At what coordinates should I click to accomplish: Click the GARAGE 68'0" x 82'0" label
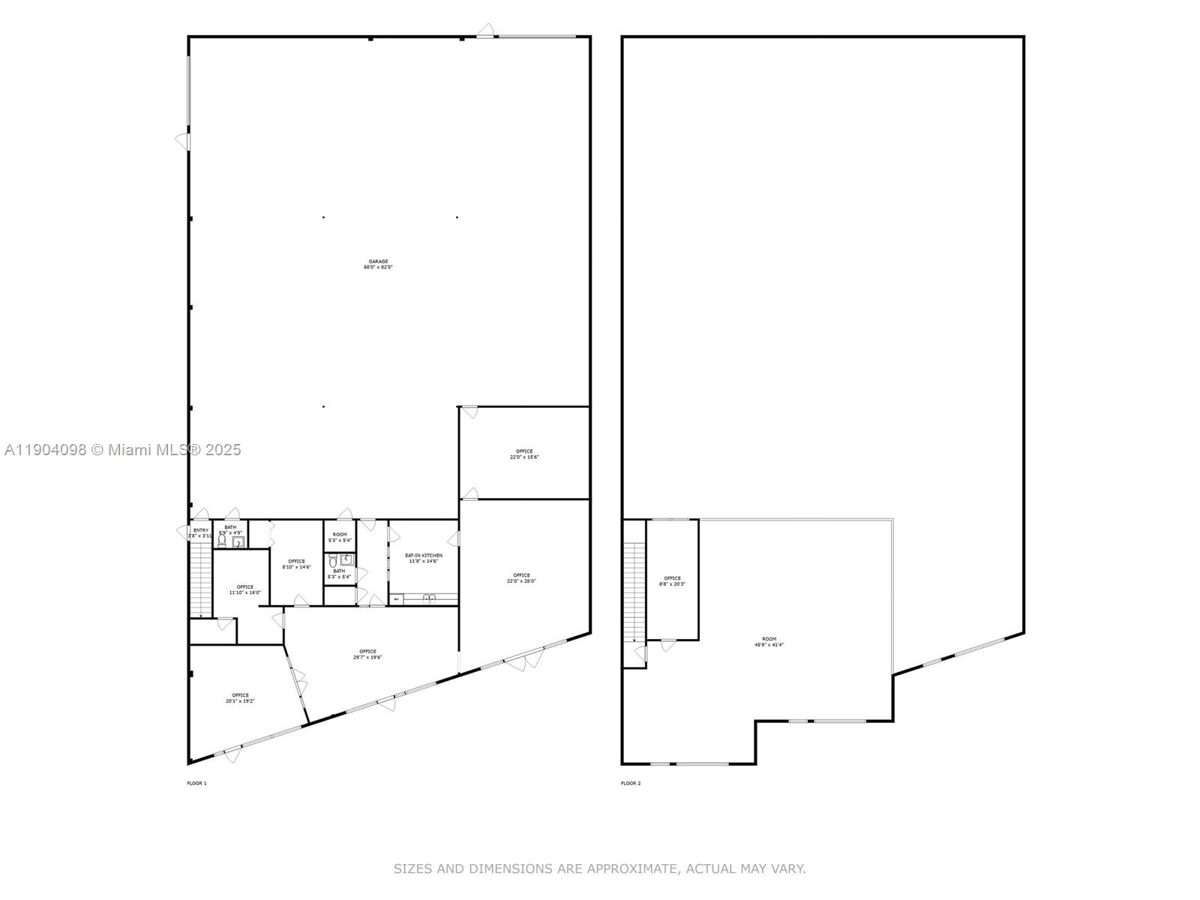378,264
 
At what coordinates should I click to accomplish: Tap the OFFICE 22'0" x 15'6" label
524,454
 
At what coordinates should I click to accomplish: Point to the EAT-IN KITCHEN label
424,558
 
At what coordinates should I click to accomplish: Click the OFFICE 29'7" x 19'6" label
367,654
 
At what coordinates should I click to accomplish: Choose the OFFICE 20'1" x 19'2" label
240,697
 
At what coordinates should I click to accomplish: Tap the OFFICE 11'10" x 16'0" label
244,589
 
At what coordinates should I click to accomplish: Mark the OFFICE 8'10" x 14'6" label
296,564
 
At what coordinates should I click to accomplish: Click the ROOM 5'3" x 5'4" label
340,537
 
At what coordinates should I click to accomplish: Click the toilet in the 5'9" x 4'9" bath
222,540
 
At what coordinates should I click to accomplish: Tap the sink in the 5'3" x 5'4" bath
346,559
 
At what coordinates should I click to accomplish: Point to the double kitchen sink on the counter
430,598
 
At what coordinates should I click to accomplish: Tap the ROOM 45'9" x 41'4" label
769,641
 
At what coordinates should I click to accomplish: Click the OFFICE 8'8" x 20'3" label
672,580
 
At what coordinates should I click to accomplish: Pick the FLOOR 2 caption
631,783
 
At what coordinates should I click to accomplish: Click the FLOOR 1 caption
196,783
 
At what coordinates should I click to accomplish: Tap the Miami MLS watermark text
123,450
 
